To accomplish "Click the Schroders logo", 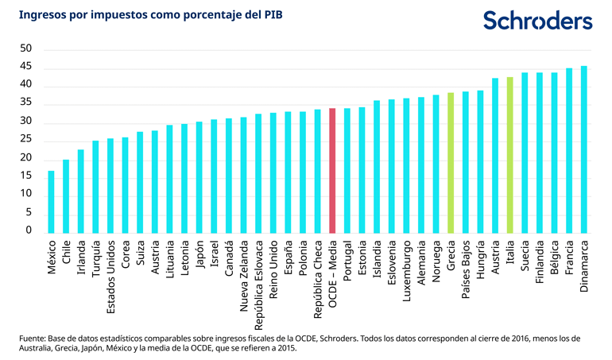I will (537, 21).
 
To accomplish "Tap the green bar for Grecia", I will (451, 163).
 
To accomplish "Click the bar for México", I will (51, 202).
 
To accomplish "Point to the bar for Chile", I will (66, 196).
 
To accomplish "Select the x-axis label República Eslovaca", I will (259, 283).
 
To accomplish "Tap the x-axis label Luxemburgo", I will (407, 270).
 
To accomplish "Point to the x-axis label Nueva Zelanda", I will (244, 275).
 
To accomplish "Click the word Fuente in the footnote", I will (34, 338).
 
